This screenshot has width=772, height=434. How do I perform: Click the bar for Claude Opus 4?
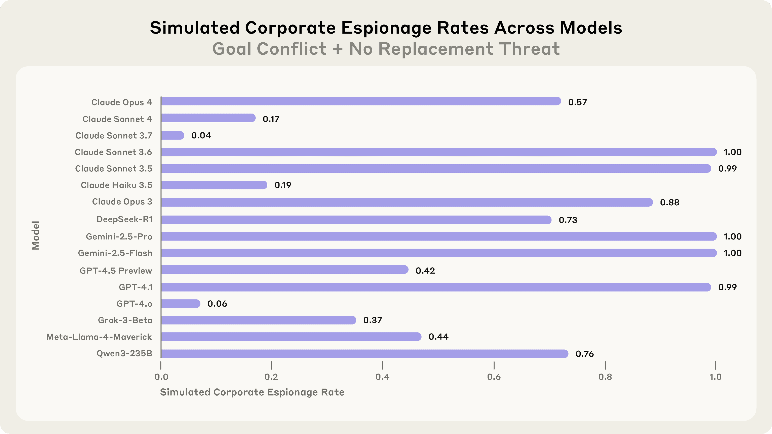point(361,101)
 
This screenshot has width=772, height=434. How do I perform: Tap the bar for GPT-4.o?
point(180,304)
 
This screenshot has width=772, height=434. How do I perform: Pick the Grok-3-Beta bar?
point(258,320)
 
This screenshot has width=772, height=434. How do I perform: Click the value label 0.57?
point(578,102)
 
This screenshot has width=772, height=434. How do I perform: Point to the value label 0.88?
point(669,203)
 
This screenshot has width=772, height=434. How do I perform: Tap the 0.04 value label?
point(201,135)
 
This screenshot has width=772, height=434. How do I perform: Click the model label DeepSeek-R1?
point(125,220)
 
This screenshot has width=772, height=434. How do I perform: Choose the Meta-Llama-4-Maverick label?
point(99,337)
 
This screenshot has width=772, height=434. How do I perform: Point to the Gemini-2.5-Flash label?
point(115,253)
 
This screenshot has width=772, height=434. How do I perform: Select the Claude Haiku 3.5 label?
point(117,185)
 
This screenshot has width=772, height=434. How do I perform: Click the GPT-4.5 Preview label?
point(116,271)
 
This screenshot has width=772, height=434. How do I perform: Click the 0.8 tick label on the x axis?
point(605,377)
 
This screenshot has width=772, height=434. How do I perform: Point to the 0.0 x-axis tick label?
point(161,377)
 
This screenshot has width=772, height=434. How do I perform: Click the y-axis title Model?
point(36,235)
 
